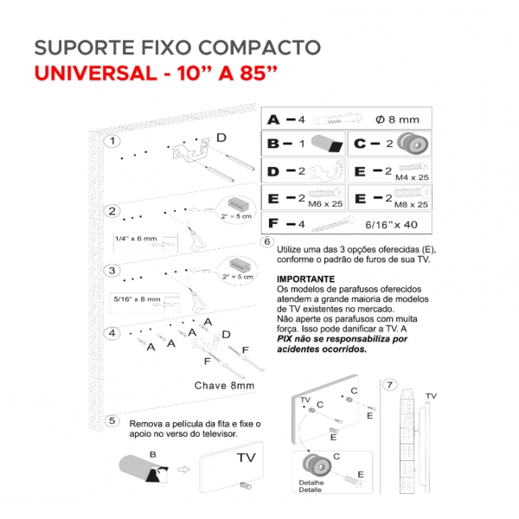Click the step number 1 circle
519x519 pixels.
click(x=111, y=141)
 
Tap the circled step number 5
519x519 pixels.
click(x=111, y=421)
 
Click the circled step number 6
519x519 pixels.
click(x=267, y=241)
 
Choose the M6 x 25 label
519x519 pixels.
click(x=326, y=204)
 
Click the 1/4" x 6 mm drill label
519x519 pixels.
click(x=136, y=238)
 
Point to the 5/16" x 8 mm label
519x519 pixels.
click(x=137, y=298)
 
